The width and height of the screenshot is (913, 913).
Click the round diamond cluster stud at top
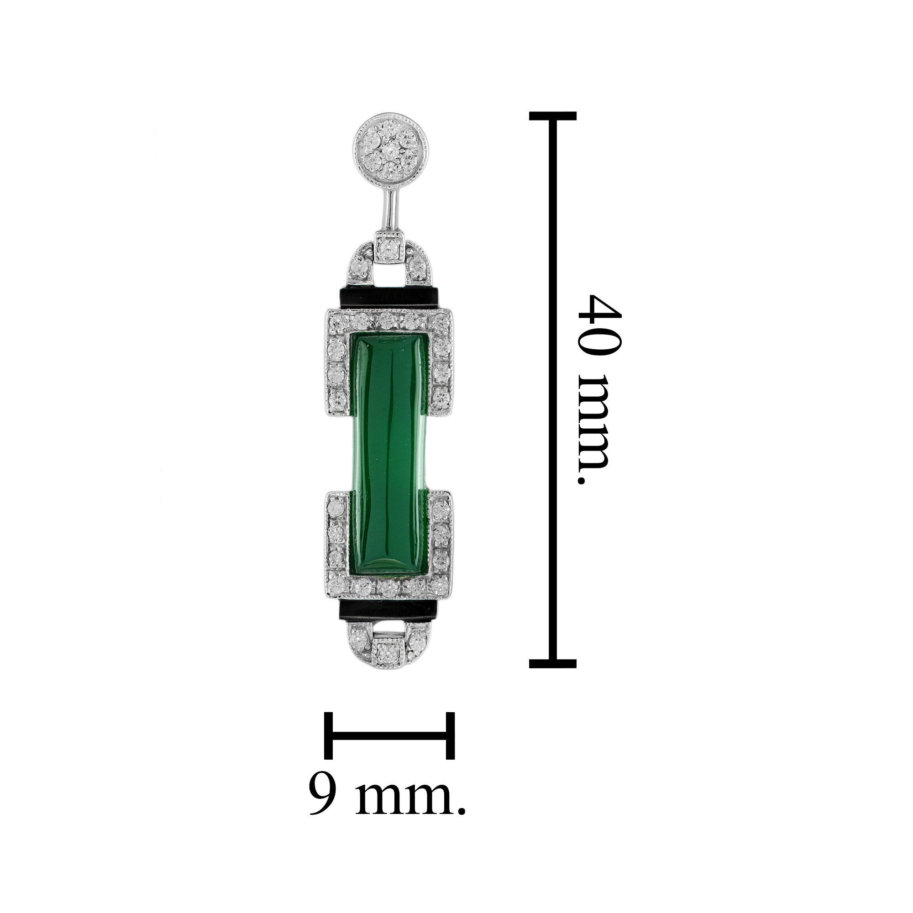391,150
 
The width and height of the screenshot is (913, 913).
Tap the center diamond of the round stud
390,150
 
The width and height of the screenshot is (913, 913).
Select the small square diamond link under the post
390,247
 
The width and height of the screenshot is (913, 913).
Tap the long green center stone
391,456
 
